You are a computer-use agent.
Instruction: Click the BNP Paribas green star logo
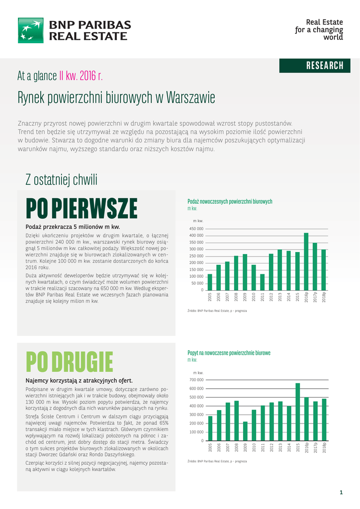click(31, 30)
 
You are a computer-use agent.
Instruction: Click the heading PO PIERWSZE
click(82, 208)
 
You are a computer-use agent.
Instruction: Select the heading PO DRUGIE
click(70, 361)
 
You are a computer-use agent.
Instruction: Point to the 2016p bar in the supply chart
click(306, 261)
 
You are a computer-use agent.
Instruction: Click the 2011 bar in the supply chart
click(262, 282)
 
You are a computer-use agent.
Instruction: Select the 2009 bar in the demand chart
click(245, 431)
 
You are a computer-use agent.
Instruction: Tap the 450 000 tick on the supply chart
click(196, 228)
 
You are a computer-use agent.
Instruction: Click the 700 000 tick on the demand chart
click(196, 380)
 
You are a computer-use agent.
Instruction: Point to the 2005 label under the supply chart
click(210, 297)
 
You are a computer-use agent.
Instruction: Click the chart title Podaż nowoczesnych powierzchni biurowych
click(230, 201)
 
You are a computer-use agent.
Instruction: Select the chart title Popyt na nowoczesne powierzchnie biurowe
click(229, 352)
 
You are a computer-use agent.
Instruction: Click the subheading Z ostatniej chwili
click(61, 179)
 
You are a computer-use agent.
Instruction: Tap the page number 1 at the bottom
click(341, 493)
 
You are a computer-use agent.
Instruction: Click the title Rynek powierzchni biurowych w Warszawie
click(116, 97)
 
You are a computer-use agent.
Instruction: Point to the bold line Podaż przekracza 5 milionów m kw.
click(73, 227)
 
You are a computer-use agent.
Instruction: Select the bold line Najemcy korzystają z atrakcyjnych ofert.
click(79, 380)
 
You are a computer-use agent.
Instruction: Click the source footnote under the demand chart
click(217, 461)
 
